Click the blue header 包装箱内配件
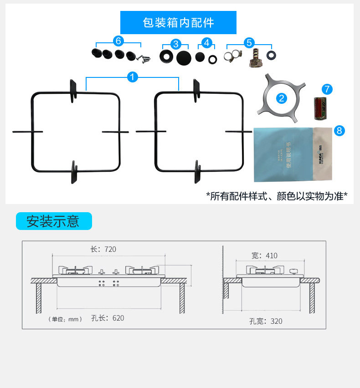(178, 23)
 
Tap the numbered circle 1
(133, 77)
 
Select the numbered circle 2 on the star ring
(282, 97)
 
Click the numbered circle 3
(176, 44)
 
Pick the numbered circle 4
(207, 43)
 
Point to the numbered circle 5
(249, 43)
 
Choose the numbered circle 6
(118, 41)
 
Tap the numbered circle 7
(327, 89)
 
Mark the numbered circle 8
(339, 131)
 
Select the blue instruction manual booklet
(283, 153)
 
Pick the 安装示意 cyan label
(53, 221)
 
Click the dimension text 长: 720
(103, 249)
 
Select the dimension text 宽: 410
(264, 255)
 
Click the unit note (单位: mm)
(65, 319)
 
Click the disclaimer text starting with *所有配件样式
(277, 196)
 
